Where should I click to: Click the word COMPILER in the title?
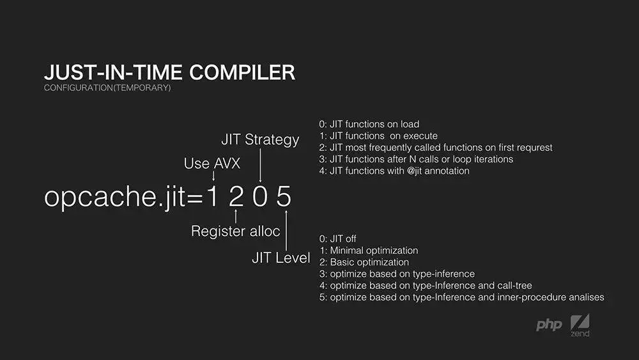(x=242, y=72)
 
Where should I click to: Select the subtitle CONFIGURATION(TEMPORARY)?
(x=107, y=88)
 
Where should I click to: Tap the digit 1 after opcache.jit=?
(x=212, y=196)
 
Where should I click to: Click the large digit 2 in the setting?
(x=236, y=196)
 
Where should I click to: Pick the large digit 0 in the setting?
(x=259, y=196)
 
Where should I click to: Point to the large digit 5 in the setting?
(x=284, y=196)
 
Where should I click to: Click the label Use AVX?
(x=212, y=164)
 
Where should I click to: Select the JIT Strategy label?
(x=260, y=140)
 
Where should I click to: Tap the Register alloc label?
(x=236, y=231)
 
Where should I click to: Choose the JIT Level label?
(x=281, y=258)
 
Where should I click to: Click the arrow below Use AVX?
(x=213, y=176)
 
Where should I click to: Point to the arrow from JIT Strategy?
(x=260, y=165)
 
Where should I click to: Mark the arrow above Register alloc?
(x=236, y=216)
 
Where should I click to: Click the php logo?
(x=549, y=325)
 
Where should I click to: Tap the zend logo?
(x=580, y=325)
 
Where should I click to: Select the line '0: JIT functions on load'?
(x=369, y=124)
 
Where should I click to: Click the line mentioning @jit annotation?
(x=394, y=171)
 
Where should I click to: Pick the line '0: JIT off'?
(x=338, y=239)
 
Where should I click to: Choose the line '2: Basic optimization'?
(x=364, y=262)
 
